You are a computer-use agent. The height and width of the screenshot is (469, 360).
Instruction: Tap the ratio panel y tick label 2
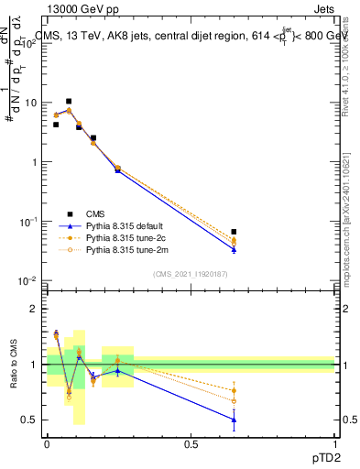[35, 309]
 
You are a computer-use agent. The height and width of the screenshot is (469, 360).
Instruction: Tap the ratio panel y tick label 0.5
[31, 420]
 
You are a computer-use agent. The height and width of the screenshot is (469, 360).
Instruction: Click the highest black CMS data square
[69, 102]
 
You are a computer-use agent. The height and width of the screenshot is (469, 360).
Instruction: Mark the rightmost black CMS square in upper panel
[235, 233]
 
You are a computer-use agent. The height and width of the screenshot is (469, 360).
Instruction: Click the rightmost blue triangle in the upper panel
[235, 249]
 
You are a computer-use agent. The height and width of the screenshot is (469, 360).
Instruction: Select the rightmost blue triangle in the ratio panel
[235, 420]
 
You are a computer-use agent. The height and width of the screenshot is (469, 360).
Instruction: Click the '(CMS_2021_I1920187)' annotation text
[190, 274]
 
